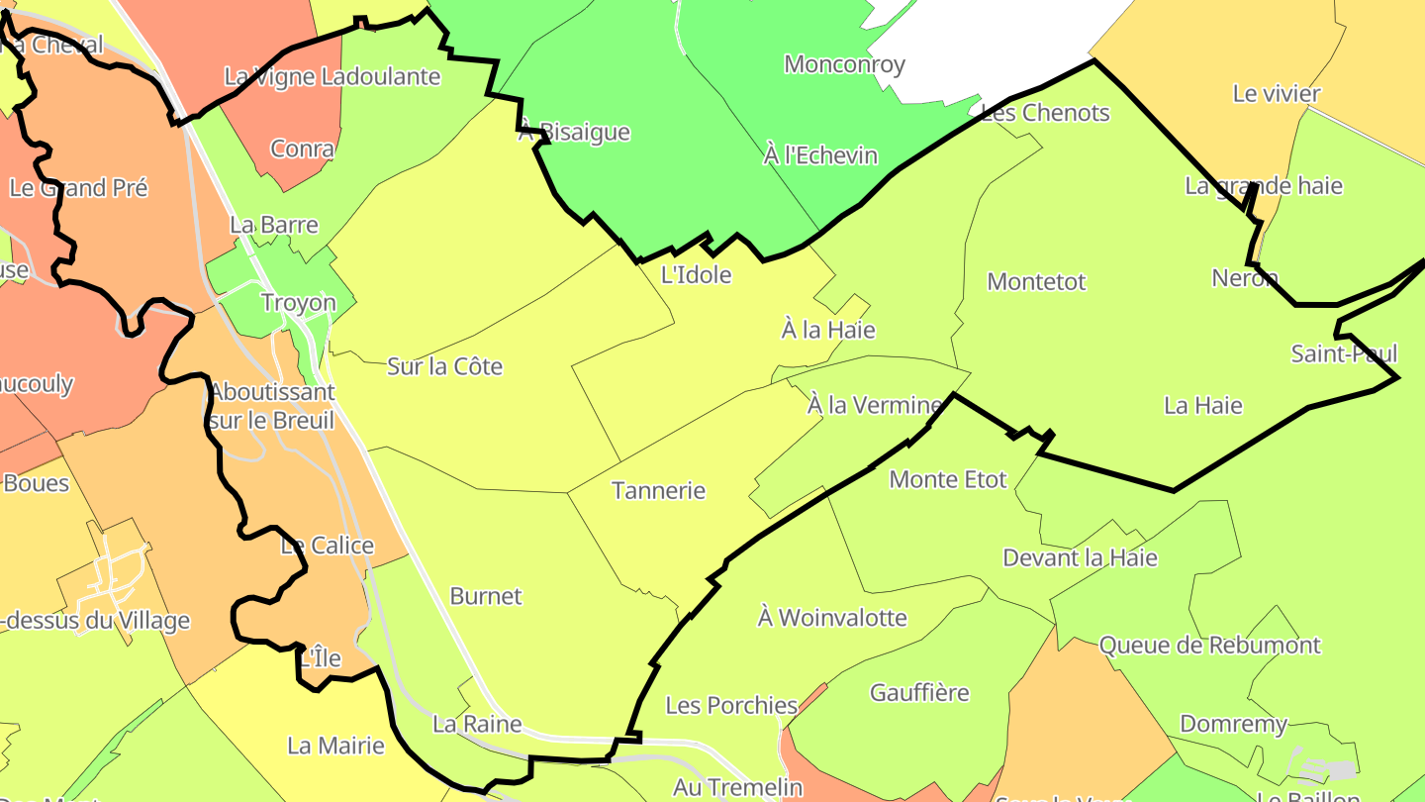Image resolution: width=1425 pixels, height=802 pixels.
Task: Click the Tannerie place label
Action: [658, 490]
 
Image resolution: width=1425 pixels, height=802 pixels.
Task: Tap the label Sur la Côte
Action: [444, 366]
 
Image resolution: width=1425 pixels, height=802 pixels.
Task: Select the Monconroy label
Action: [844, 65]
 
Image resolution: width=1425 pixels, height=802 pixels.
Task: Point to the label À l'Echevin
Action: [820, 154]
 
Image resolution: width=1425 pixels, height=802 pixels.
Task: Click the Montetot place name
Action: [1036, 281]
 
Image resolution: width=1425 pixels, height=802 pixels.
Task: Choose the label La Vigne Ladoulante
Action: [332, 76]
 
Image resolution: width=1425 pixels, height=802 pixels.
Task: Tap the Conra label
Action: [302, 150]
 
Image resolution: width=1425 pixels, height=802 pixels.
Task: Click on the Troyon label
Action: [298, 303]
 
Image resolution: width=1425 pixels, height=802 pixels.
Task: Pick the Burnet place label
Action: [485, 596]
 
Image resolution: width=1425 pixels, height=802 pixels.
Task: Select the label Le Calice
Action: [327, 546]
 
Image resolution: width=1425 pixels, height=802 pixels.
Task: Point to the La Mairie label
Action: [335, 745]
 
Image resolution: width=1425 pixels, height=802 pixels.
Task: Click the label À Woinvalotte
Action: [831, 618]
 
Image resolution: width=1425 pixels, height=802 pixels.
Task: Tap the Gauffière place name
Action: [919, 692]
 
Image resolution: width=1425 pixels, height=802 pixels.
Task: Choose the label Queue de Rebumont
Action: [1209, 646]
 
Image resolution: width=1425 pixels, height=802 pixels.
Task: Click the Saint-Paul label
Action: [1344, 353]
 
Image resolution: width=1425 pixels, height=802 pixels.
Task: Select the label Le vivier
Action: [1277, 94]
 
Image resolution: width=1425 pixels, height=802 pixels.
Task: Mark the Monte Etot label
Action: [947, 479]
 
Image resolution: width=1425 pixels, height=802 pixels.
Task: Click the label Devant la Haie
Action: [1080, 557]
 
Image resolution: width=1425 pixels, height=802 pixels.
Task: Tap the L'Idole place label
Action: [696, 274]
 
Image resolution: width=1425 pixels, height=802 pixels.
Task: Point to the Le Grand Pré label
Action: [78, 187]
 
